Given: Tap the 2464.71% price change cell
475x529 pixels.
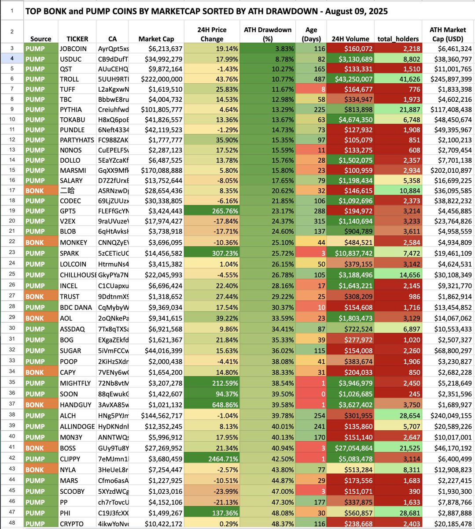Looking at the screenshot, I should [x=212, y=459].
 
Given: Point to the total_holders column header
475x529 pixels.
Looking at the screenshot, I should [x=398, y=39].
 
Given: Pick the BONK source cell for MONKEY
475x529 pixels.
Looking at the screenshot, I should [x=41, y=242].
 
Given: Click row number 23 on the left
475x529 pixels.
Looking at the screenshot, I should [x=12, y=253].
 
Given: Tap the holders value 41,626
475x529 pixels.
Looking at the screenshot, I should [x=398, y=79].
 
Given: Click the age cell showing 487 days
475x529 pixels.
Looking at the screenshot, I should [x=311, y=79].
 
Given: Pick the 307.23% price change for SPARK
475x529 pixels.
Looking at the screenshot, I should [x=212, y=253].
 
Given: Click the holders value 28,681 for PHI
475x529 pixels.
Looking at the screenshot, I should [x=398, y=513].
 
